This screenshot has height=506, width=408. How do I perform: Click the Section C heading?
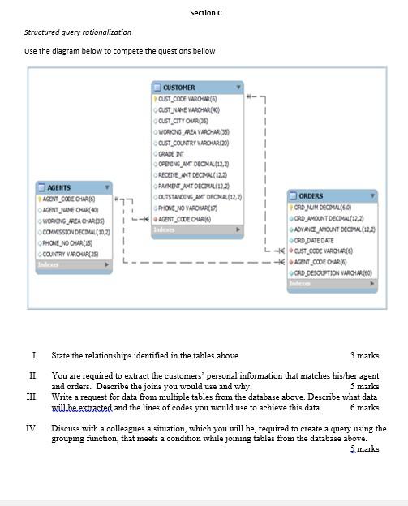click(x=206, y=12)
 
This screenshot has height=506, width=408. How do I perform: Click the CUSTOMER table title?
click(x=179, y=87)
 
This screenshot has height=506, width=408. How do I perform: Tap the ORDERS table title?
click(x=311, y=196)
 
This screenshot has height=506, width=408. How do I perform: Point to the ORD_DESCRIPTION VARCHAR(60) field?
click(x=335, y=273)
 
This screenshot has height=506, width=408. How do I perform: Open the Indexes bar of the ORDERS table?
click(x=332, y=284)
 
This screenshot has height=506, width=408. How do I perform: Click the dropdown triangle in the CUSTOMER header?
click(x=238, y=87)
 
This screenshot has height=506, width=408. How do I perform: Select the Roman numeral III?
click(x=32, y=397)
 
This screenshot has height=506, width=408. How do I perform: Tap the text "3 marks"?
click(x=364, y=355)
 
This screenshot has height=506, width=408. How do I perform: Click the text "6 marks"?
click(x=363, y=408)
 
